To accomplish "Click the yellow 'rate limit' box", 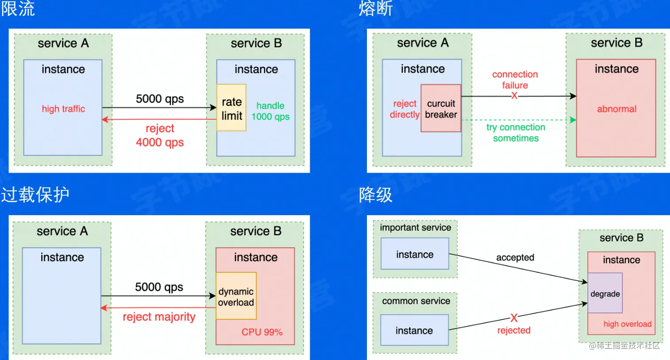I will [x=231, y=108].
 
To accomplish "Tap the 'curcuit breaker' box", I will [x=441, y=108].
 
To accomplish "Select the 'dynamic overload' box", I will [x=236, y=296].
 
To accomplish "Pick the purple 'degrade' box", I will [x=605, y=293].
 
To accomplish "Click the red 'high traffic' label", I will [x=63, y=109].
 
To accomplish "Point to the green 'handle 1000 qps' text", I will [x=270, y=111].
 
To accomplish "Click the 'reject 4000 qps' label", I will [x=160, y=135].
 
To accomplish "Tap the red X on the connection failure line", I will [x=514, y=96].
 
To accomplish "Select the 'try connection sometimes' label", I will [x=516, y=132].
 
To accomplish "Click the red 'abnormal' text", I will [x=616, y=109].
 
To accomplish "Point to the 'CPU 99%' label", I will [x=262, y=332].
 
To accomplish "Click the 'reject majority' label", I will [x=159, y=317].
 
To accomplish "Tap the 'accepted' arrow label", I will [x=515, y=257].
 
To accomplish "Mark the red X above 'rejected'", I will [x=514, y=318].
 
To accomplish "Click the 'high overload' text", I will [x=627, y=324].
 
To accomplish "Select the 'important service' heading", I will [x=415, y=228].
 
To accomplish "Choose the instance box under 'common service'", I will [x=414, y=330].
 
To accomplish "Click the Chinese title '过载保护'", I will [x=35, y=195].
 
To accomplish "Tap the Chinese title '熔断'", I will [x=376, y=8].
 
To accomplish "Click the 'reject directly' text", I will [x=405, y=109].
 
